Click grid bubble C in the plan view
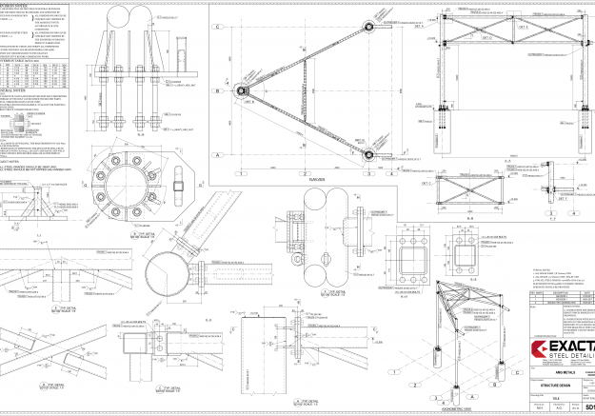[218, 28]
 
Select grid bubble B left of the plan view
[218, 91]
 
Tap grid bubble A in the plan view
[218, 154]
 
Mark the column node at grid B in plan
[242, 91]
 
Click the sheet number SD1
[585, 407]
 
